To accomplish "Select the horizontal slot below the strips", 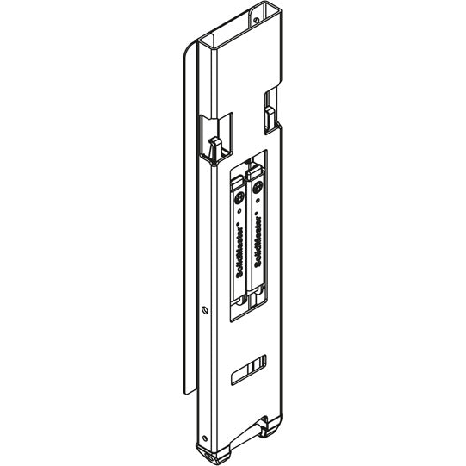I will (250, 370).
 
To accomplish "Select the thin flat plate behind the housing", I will (190, 215).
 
